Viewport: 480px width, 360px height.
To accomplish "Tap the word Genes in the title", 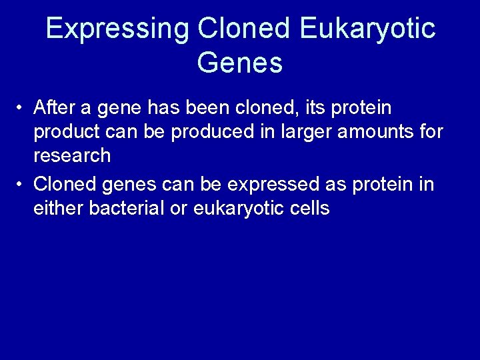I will click(x=240, y=63).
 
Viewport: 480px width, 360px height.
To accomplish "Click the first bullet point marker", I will click(x=22, y=108).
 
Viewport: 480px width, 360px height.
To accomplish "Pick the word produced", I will click(x=208, y=132).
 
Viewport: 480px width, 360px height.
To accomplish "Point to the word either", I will click(x=55, y=208).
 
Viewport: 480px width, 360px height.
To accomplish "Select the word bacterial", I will click(x=125, y=208).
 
